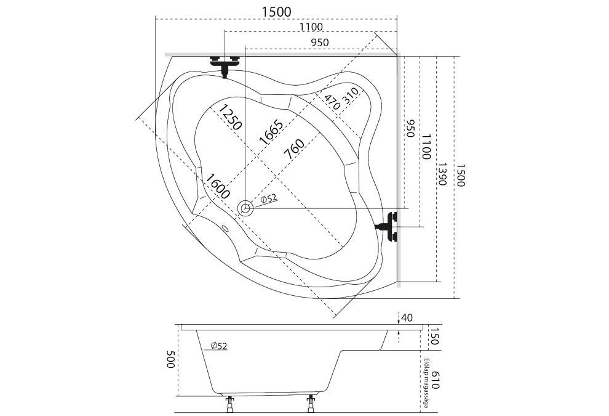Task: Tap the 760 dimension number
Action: point(294,150)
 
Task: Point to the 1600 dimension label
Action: point(218,186)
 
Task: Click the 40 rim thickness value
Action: point(406,318)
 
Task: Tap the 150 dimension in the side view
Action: point(433,336)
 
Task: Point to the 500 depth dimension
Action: point(170,359)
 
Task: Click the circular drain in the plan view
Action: point(247,208)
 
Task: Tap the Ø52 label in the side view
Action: point(218,346)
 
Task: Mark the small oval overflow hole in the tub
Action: point(224,229)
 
